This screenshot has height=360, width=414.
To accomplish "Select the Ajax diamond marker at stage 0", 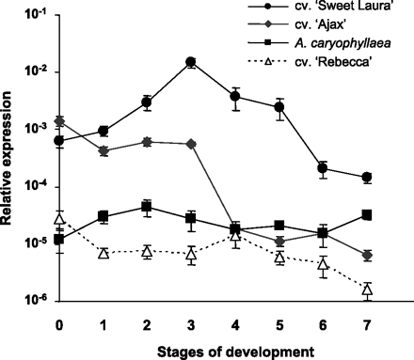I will click(x=59, y=121).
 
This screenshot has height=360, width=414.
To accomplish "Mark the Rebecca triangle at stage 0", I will click(x=59, y=219).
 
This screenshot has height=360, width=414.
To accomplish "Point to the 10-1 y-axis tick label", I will click(x=35, y=15).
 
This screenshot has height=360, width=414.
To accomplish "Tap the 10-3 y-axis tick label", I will click(x=35, y=130).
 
